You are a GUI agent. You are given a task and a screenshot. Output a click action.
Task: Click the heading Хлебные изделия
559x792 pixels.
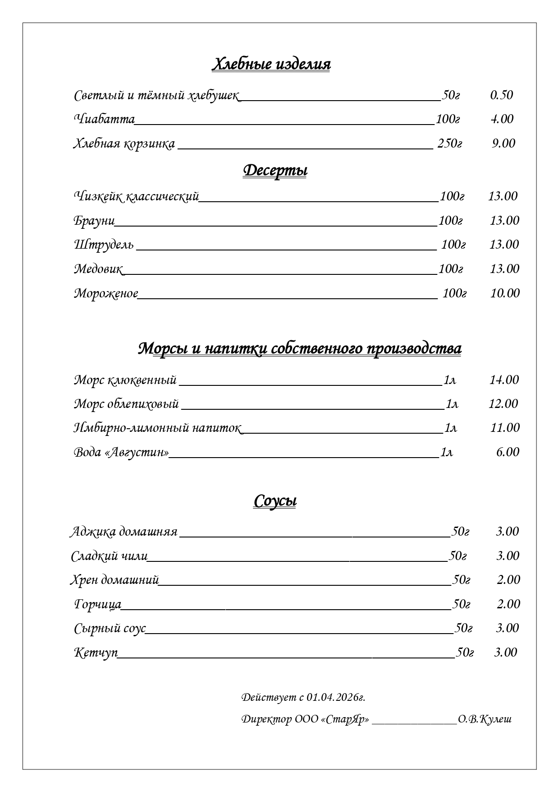pyautogui.click(x=271, y=64)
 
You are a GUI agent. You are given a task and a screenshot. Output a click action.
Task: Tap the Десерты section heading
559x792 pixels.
pyautogui.click(x=275, y=171)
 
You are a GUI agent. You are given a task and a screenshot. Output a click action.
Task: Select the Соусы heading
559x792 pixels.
pyautogui.click(x=275, y=501)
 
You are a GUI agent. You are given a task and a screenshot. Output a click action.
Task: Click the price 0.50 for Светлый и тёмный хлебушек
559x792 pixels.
pyautogui.click(x=501, y=95)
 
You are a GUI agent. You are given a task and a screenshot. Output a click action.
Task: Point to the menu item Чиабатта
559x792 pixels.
pyautogui.click(x=104, y=119)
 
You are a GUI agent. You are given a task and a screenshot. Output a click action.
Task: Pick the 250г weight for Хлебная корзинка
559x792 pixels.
pyautogui.click(x=449, y=144)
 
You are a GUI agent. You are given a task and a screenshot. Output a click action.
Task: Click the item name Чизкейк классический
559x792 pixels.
pyautogui.click(x=136, y=196)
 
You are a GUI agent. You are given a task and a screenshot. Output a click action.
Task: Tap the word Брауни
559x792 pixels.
pyautogui.click(x=94, y=221)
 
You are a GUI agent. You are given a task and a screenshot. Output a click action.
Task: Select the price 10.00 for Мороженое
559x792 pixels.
pyautogui.click(x=505, y=293)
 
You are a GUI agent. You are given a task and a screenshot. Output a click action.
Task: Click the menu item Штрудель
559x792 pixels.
pyautogui.click(x=104, y=245)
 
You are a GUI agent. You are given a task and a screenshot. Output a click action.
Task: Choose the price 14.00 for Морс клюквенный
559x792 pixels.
pyautogui.click(x=504, y=380)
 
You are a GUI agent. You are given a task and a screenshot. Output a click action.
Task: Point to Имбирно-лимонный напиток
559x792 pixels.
pyautogui.click(x=157, y=428)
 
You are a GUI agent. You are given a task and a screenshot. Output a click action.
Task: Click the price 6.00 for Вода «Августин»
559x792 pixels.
pyautogui.click(x=508, y=452)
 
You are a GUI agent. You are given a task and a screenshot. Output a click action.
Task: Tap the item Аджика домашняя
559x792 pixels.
pyautogui.click(x=124, y=532)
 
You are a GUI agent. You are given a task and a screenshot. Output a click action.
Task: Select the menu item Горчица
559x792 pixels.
pyautogui.click(x=98, y=604)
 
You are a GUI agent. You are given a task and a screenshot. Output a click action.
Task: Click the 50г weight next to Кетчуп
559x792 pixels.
pyautogui.click(x=465, y=653)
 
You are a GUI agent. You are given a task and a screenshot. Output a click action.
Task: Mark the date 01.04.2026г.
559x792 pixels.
pyautogui.click(x=335, y=697)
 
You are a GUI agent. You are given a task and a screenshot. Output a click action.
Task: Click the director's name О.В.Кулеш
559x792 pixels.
pyautogui.click(x=485, y=719)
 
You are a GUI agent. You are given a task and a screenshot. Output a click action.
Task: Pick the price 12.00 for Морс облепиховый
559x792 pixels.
pyautogui.click(x=504, y=404)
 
